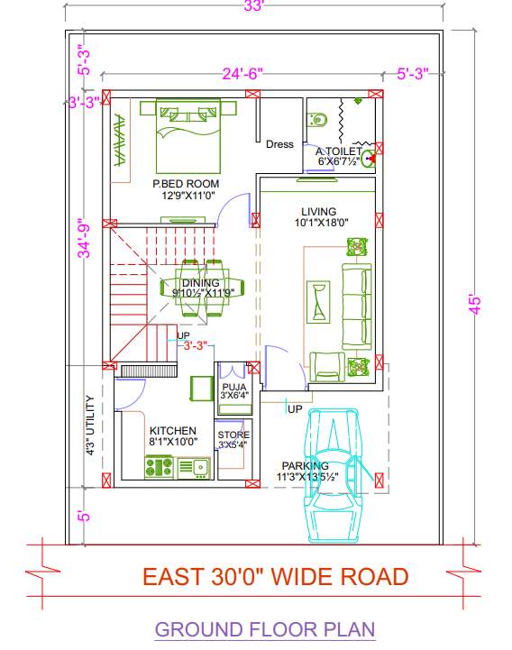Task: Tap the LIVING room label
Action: [319, 212]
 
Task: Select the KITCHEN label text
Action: [173, 431]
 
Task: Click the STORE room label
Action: [233, 435]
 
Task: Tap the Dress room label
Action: [279, 144]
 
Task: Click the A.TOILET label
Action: [337, 151]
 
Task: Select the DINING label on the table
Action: [201, 283]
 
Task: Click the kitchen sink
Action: [193, 467]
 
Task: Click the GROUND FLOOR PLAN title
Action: [265, 629]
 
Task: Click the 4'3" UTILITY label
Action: [90, 426]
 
